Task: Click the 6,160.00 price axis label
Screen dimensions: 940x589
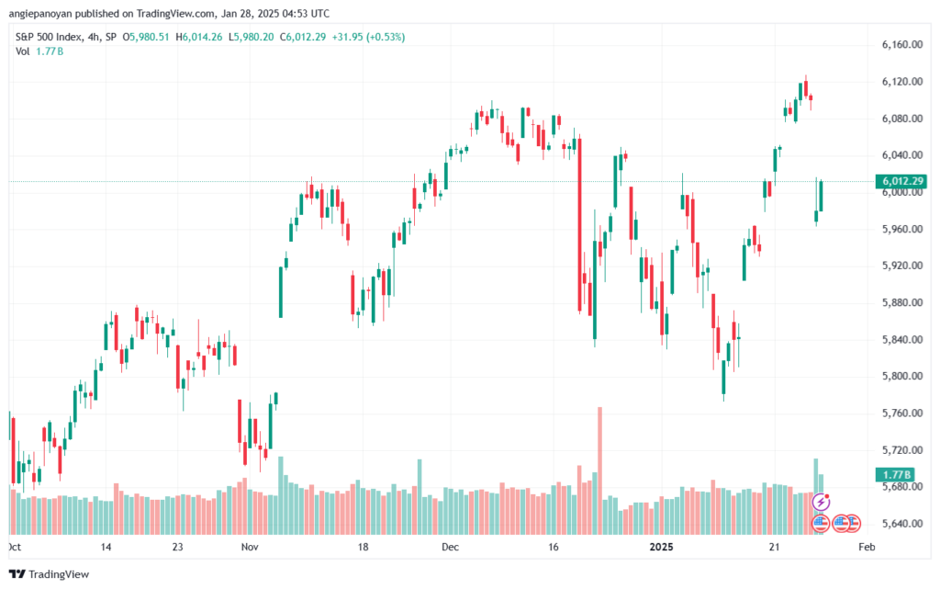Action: click(x=901, y=44)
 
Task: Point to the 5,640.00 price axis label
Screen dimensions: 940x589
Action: click(x=901, y=524)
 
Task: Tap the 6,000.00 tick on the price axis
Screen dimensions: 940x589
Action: click(x=901, y=193)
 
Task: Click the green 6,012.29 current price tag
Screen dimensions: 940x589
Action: click(x=901, y=181)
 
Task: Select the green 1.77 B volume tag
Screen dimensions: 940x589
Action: click(x=895, y=475)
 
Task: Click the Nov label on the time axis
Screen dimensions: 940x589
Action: click(x=250, y=547)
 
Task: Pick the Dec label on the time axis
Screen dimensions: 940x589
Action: click(x=450, y=547)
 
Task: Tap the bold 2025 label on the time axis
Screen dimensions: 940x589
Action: click(x=661, y=547)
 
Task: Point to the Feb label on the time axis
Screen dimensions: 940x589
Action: click(x=867, y=547)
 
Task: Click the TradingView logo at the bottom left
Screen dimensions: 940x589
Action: click(x=50, y=574)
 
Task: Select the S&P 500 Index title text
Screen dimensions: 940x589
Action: click(x=48, y=37)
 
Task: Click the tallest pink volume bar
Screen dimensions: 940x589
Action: click(x=599, y=470)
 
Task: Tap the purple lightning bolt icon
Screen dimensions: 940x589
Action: click(x=821, y=502)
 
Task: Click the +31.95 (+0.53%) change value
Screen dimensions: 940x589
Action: click(x=368, y=37)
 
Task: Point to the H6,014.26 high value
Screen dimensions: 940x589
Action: click(x=198, y=37)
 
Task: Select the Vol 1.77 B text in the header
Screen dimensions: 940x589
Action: click(x=39, y=51)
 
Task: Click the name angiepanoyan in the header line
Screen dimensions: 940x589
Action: click(x=39, y=14)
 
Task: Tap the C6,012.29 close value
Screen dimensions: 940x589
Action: click(x=303, y=37)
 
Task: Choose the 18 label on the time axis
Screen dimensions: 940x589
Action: click(x=363, y=547)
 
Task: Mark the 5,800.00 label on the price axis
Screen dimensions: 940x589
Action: click(x=901, y=377)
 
